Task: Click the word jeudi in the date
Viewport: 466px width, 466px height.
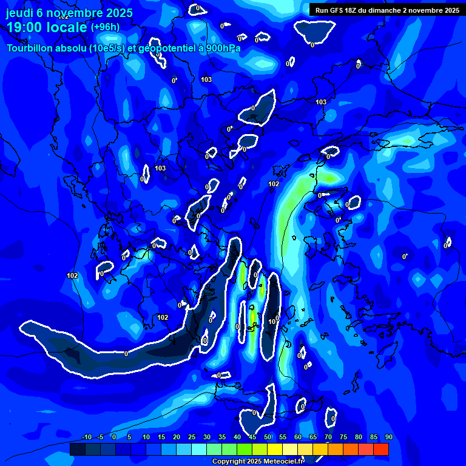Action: coord(21,12)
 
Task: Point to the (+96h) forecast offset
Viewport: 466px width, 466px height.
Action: coord(105,27)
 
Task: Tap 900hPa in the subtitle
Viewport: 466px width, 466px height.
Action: coord(221,48)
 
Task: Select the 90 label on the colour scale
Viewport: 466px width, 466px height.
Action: coord(388,437)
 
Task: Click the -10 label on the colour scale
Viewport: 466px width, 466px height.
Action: coord(86,437)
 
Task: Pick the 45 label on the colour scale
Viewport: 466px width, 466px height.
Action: coord(252,437)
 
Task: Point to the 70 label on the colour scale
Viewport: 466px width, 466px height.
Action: coord(328,437)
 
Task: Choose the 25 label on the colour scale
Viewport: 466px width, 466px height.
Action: coord(191,437)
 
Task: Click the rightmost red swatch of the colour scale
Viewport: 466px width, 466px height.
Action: coord(380,449)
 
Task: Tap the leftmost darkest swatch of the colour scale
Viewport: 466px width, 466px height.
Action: coord(77,449)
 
